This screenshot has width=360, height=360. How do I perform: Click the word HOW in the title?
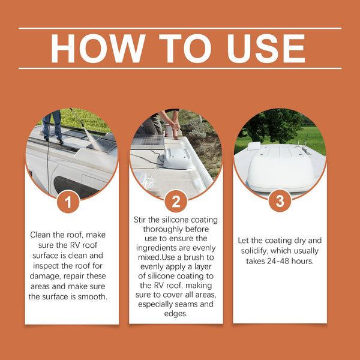(98, 49)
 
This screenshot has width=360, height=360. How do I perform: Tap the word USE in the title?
(266, 49)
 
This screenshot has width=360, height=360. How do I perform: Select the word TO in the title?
(185, 49)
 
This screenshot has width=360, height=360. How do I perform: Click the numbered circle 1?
(68, 202)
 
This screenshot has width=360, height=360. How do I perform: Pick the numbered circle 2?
(176, 201)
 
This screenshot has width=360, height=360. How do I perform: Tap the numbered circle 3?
(280, 200)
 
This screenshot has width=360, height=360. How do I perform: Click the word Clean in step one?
(39, 235)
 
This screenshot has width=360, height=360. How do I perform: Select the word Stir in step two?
(140, 220)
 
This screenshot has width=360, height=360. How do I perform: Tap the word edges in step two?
(176, 314)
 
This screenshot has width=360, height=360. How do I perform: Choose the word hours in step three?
(302, 261)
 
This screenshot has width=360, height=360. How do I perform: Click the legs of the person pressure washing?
(53, 126)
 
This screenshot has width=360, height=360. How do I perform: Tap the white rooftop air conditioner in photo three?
(281, 171)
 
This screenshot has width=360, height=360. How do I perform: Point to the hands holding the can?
(175, 127)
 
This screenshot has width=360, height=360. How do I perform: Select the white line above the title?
(180, 28)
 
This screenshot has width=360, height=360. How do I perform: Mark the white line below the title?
(180, 68)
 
